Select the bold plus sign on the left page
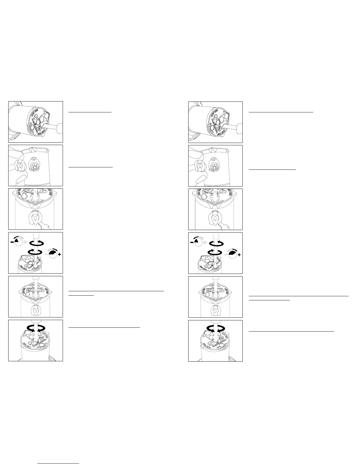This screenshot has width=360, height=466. pyautogui.click(x=59, y=254)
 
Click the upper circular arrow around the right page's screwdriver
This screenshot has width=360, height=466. pyautogui.click(x=216, y=243)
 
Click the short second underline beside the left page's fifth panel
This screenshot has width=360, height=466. pyautogui.click(x=81, y=295)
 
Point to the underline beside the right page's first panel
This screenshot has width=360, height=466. pyautogui.click(x=281, y=112)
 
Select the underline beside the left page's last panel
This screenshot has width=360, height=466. pyautogui.click(x=104, y=327)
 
